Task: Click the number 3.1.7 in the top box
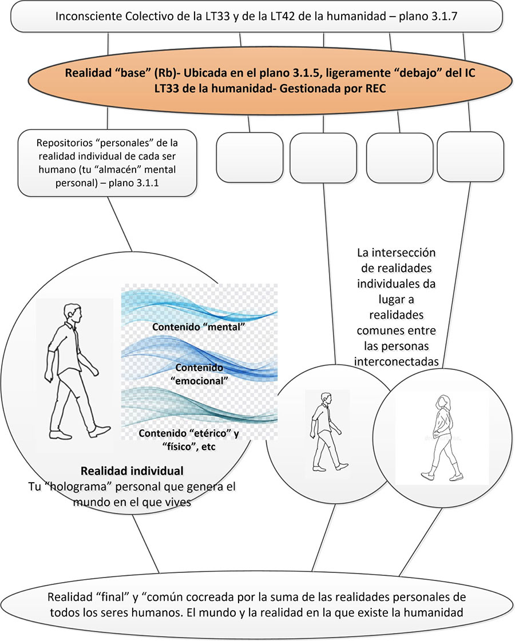[443, 17]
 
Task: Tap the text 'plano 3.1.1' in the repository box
[134, 183]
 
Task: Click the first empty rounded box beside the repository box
[249, 157]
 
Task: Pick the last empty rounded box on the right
[470, 157]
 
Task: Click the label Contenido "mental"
[199, 327]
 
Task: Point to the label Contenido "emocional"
[199, 374]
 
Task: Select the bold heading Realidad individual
[132, 471]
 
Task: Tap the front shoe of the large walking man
[100, 431]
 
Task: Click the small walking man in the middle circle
[327, 432]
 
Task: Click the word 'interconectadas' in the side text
[397, 361]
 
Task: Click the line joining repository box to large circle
[120, 224]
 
